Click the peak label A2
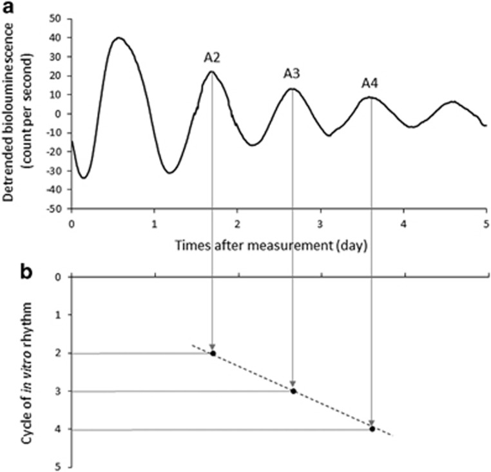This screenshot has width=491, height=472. coord(212,58)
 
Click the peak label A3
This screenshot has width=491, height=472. coord(292,75)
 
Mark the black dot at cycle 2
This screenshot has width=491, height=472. coord(213,353)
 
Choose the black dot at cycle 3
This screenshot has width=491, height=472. coord(293,391)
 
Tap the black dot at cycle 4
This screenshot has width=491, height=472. coord(372,428)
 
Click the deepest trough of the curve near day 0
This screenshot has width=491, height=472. coord(84,178)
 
